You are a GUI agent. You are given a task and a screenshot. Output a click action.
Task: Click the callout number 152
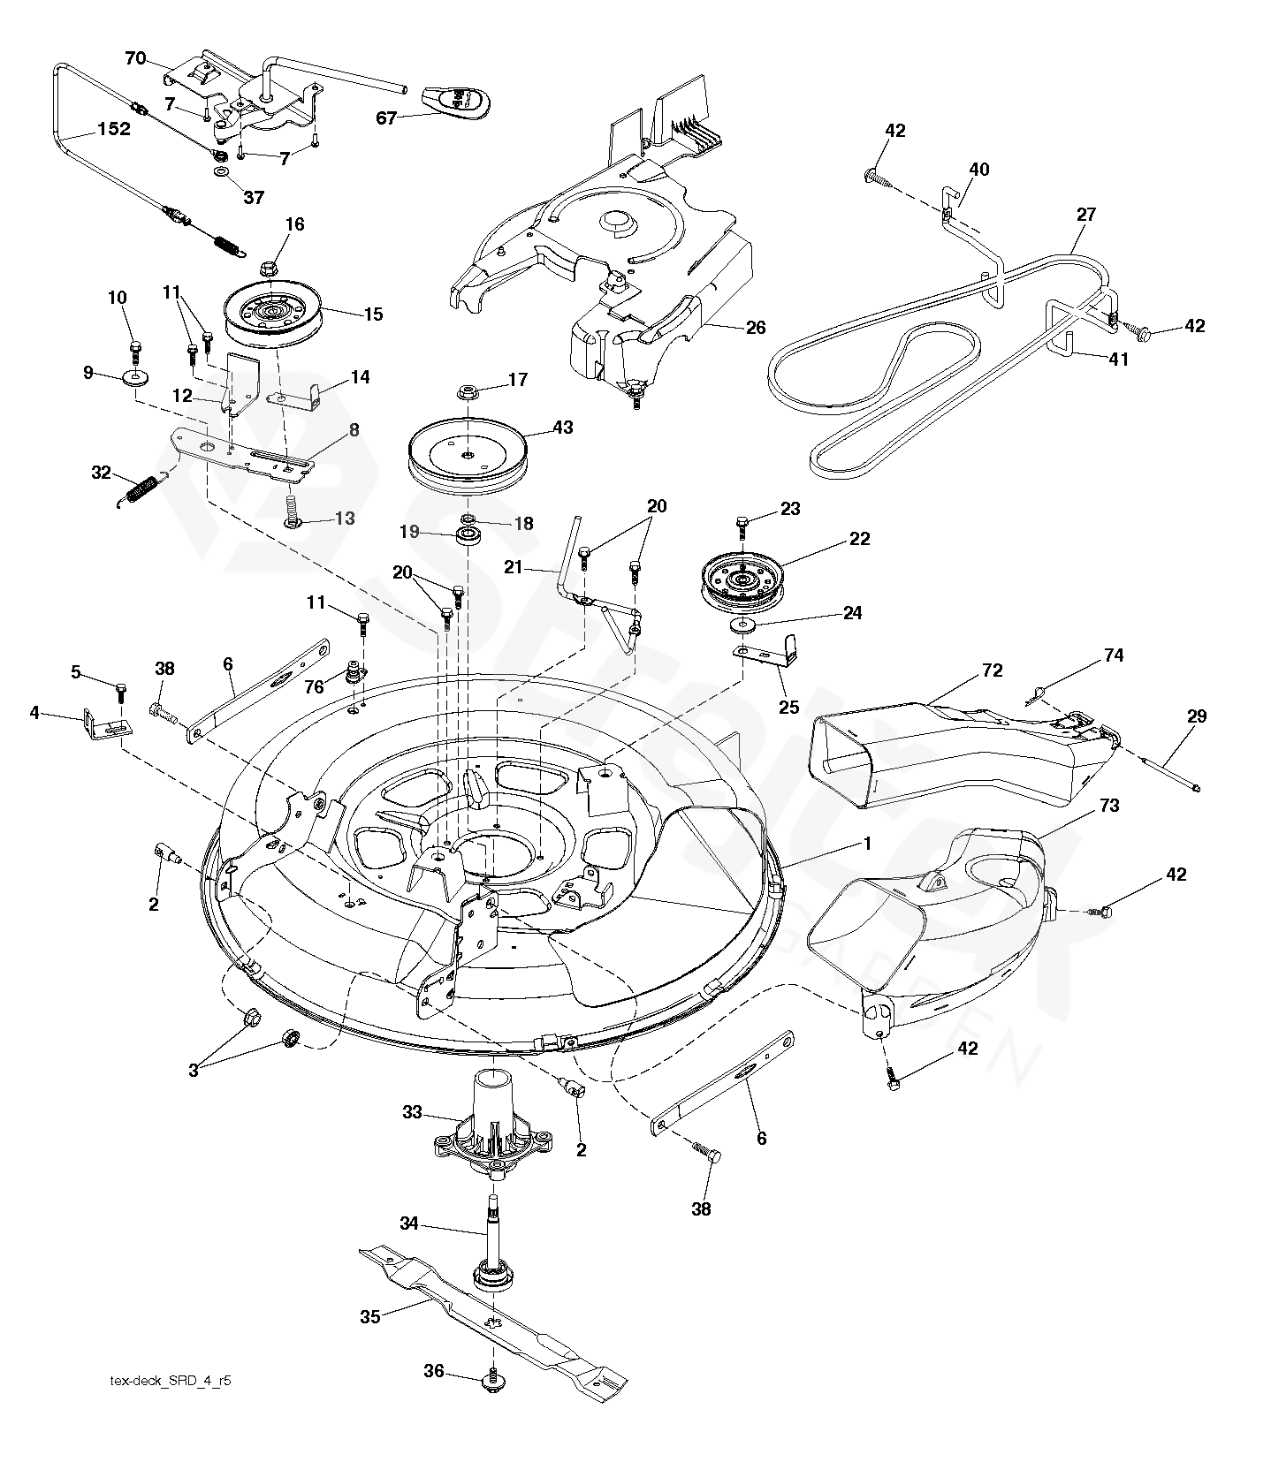[114, 129]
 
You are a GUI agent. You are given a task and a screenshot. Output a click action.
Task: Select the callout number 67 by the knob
[387, 117]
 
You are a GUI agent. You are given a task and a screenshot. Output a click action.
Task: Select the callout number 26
[755, 328]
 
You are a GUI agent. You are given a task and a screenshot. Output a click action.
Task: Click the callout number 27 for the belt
[1086, 215]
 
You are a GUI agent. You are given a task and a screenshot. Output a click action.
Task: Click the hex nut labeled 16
[270, 263]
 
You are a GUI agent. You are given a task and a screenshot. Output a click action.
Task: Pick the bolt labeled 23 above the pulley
[742, 527]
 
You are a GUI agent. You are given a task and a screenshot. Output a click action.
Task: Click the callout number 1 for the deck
[867, 844]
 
